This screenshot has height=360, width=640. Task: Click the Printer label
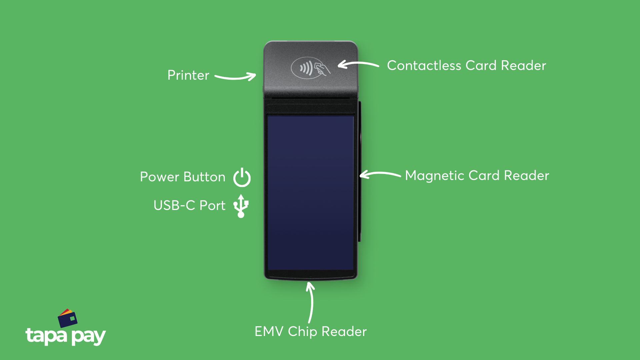pos(188,75)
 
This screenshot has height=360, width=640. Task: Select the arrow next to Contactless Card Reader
pos(358,64)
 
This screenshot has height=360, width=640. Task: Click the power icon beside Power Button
pos(242,178)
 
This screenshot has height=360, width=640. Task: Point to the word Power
pos(159,177)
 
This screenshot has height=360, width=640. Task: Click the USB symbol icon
pos(241,206)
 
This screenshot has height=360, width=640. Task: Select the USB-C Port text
pos(189,206)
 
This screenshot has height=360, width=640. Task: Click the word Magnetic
pos(434,176)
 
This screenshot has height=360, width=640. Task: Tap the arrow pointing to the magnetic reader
pos(380,174)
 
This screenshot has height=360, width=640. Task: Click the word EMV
pos(269,332)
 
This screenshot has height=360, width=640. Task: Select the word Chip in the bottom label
pos(302,332)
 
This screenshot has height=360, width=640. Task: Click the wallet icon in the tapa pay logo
pos(68,318)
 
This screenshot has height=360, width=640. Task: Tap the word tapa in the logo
pos(46,335)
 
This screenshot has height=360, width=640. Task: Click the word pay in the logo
pos(89,337)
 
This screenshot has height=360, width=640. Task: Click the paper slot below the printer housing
pos(310,98)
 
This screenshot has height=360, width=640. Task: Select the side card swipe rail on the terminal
pos(360,172)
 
